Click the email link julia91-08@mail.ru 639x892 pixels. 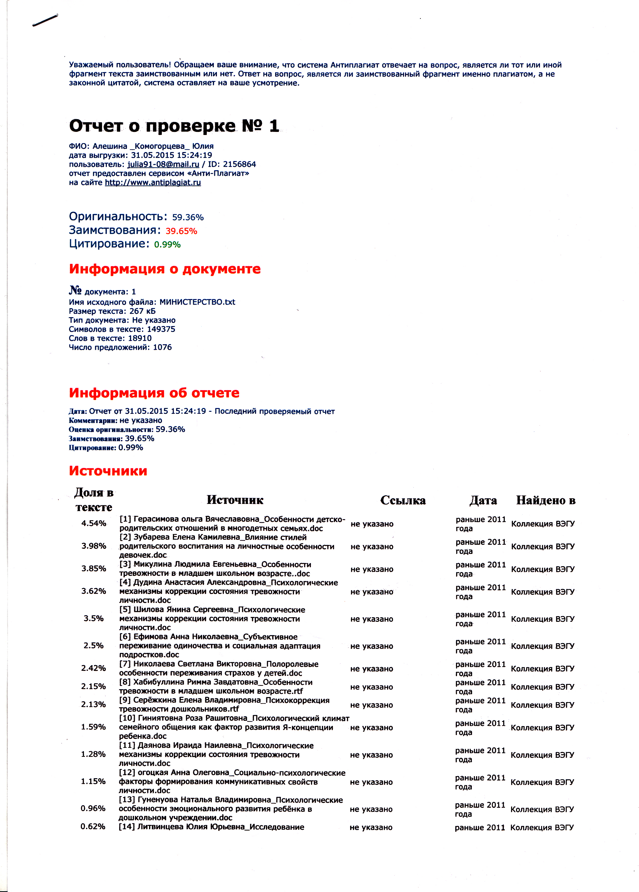click(x=163, y=164)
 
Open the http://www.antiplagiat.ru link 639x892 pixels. click(x=153, y=182)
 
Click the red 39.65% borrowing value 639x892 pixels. click(x=181, y=231)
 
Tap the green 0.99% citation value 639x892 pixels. click(x=167, y=245)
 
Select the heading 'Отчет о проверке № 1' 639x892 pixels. click(x=174, y=126)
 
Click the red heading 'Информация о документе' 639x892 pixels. click(x=165, y=269)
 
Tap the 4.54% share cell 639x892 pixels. click(x=94, y=524)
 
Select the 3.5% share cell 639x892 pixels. click(x=94, y=618)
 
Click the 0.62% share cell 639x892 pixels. click(x=93, y=827)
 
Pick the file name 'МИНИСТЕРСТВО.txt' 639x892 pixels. click(x=197, y=302)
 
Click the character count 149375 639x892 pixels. click(x=161, y=329)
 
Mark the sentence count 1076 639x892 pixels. click(x=162, y=347)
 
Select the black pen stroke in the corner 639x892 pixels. click(x=45, y=20)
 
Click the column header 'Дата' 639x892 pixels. click(x=483, y=500)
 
